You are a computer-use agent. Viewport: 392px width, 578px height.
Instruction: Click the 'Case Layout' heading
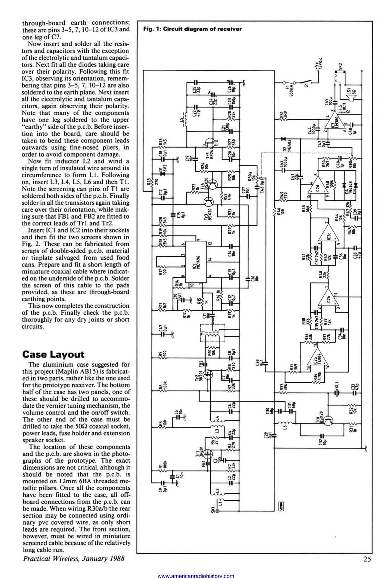54,354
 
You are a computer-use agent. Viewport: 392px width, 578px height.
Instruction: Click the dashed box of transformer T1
212,333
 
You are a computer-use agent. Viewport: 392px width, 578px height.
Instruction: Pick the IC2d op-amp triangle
316,188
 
